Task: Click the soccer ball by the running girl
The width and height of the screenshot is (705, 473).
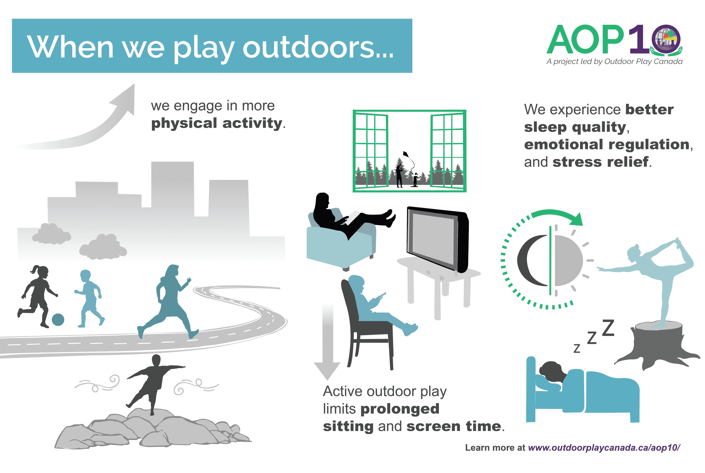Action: [x=58, y=319]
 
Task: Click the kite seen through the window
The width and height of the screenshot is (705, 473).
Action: [x=406, y=154]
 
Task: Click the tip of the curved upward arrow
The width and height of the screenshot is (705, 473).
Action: [x=134, y=84]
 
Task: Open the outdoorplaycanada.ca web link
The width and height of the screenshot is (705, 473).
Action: [x=604, y=448]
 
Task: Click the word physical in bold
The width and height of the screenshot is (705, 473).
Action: [x=185, y=124]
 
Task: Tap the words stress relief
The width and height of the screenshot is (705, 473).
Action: [x=601, y=162]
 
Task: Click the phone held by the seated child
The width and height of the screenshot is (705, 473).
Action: [x=381, y=295]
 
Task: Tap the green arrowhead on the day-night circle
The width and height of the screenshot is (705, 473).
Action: [x=576, y=219]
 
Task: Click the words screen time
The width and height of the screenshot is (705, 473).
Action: [x=454, y=427]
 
